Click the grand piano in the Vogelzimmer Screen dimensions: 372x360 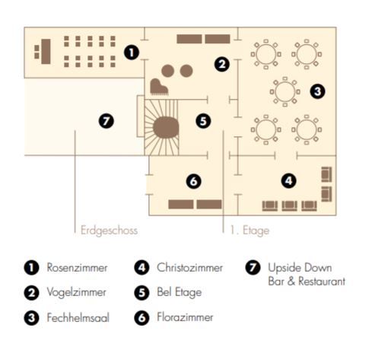click(x=159, y=87)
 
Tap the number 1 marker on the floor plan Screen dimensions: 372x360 click(x=132, y=53)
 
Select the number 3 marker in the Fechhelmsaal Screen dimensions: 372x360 click(x=317, y=91)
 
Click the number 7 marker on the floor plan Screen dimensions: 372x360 click(x=107, y=121)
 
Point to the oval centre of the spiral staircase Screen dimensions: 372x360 click(x=166, y=127)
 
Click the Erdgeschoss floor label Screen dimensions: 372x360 click(x=109, y=231)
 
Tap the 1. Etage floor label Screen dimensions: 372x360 click(x=250, y=231)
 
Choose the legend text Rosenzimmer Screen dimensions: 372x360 click(x=77, y=268)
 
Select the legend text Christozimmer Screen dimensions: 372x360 click(x=189, y=268)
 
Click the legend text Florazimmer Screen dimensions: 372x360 click(x=185, y=317)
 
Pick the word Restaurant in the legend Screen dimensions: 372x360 click(x=322, y=281)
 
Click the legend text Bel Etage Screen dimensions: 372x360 click(x=180, y=292)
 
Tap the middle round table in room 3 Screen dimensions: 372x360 click(x=285, y=91)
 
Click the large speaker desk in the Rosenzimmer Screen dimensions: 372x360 click(x=46, y=51)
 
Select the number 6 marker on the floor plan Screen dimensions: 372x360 click(x=194, y=181)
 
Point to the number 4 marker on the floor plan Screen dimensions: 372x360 click(x=289, y=180)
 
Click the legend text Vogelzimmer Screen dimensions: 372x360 click(x=76, y=292)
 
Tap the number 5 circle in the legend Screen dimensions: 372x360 click(x=141, y=293)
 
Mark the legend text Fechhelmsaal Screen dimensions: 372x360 click(x=78, y=318)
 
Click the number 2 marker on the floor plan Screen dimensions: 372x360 click(x=222, y=64)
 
